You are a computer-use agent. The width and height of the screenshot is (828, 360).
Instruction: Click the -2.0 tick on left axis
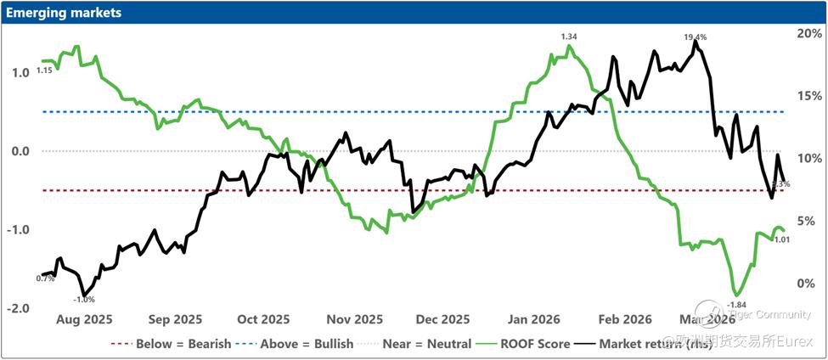tap(18, 308)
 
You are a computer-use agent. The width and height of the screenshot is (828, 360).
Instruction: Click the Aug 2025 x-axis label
tap(84, 320)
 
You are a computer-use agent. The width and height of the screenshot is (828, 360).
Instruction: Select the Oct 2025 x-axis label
tap(262, 320)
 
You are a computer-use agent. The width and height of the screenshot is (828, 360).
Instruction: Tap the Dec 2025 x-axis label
tap(443, 320)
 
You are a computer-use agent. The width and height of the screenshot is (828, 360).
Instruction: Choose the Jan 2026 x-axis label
tap(532, 320)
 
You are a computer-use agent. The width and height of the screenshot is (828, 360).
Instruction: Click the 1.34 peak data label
tap(569, 37)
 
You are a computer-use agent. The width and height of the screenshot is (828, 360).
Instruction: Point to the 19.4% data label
tap(696, 37)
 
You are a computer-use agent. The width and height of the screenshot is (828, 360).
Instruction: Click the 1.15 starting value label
tap(44, 70)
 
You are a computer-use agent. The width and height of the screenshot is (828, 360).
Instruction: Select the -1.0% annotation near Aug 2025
tap(84, 299)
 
